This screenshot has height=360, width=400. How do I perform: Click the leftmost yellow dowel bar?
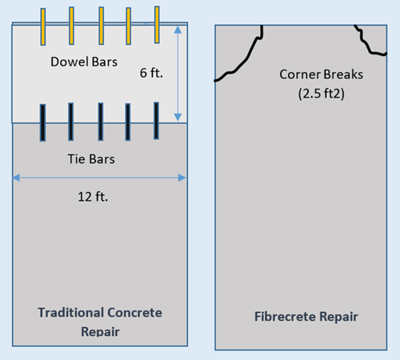[43, 26]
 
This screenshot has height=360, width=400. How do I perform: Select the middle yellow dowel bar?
[102, 26]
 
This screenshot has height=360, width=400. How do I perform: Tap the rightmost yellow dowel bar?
[157, 25]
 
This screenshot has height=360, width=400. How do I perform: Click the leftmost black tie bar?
[42, 122]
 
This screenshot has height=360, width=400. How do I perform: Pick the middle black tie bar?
[101, 122]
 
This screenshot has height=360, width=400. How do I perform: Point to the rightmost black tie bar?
[157, 121]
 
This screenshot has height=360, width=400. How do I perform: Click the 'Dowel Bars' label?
[84, 62]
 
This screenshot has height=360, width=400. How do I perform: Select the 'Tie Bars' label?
[91, 159]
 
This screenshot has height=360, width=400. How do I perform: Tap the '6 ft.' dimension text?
[151, 73]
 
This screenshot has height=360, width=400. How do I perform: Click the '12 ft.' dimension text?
[93, 197]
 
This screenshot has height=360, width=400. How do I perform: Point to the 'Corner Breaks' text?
[322, 74]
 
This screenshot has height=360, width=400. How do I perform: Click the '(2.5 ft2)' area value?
[322, 94]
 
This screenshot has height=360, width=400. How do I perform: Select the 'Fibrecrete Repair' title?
[306, 317]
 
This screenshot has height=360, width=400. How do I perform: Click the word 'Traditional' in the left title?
[70, 313]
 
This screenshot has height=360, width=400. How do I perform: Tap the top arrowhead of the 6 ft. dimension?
[178, 30]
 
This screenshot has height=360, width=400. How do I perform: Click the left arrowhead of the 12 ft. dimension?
[16, 178]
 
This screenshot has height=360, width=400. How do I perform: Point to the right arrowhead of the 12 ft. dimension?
[182, 178]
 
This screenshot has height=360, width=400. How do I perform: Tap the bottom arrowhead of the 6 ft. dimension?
[178, 117]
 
